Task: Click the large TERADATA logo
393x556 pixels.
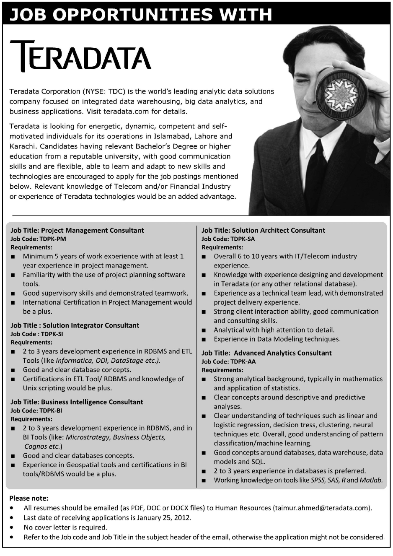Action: pyautogui.click(x=80, y=55)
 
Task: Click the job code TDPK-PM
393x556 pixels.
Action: pyautogui.click(x=53, y=239)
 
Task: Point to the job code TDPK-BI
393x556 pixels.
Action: pyautogui.click(x=51, y=411)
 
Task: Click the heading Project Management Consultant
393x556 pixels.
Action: pyautogui.click(x=93, y=230)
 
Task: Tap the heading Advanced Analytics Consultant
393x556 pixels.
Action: pyautogui.click(x=283, y=353)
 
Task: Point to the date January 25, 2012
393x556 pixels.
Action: pyautogui.click(x=166, y=517)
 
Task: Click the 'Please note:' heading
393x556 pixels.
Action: pyautogui.click(x=28, y=498)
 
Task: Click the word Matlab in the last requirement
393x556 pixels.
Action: pyautogui.click(x=372, y=480)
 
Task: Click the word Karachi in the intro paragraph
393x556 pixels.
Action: pyautogui.click(x=22, y=146)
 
